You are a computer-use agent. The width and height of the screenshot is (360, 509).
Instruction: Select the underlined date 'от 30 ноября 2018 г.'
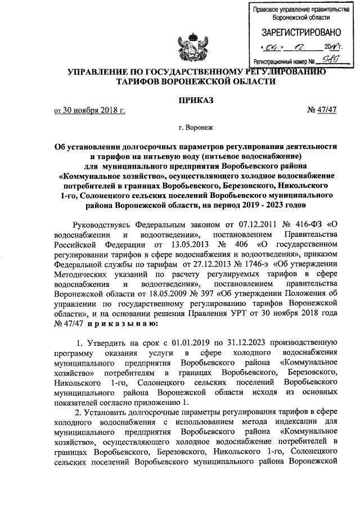[89, 110]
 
